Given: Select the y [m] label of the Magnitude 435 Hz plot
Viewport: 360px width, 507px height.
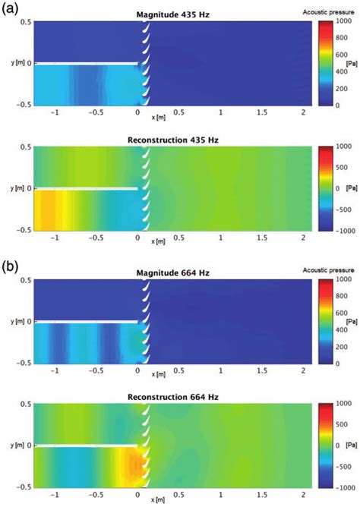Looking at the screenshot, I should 13,63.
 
